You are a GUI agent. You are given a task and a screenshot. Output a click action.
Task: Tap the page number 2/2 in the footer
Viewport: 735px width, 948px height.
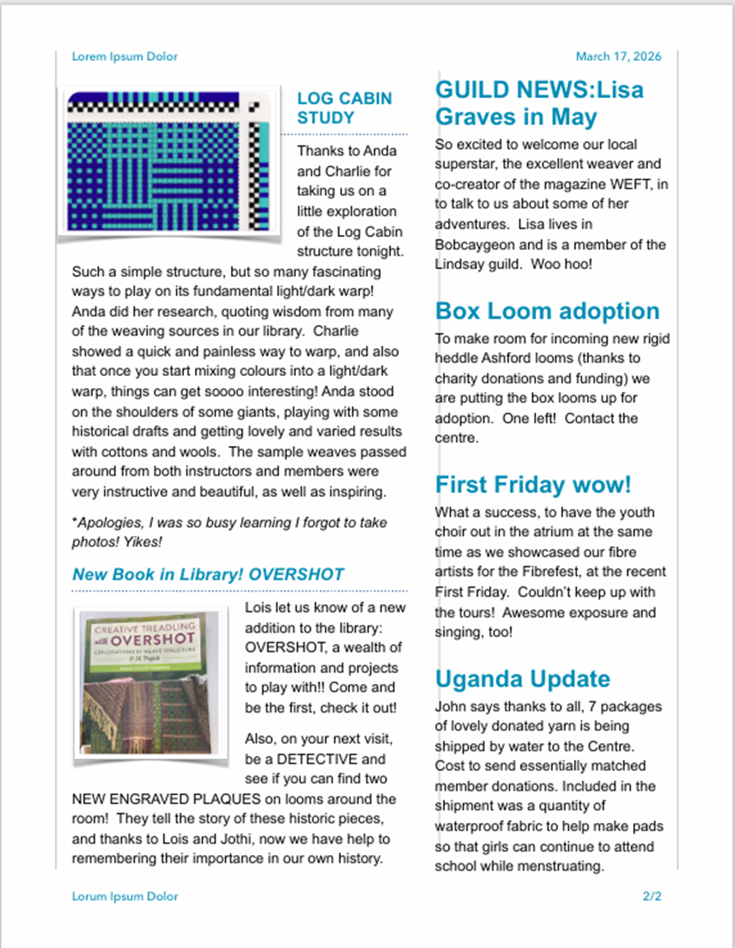652,896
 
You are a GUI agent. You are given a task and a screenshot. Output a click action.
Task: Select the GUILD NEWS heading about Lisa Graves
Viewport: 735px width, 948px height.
539,102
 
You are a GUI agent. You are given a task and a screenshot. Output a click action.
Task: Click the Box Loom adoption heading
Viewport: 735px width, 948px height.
547,311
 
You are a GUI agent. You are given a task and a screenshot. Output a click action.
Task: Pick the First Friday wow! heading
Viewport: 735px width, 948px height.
533,484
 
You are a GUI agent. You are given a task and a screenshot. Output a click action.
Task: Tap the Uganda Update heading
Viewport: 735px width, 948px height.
522,679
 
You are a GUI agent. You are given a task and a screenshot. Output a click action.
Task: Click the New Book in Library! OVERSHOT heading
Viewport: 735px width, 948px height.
208,574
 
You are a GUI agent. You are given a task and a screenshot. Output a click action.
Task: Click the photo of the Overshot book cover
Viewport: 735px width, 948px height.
149,681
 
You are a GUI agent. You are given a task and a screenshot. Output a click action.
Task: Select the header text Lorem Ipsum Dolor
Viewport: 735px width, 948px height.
124,57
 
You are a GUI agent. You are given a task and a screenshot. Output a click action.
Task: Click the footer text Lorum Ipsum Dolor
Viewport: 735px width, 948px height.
124,896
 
